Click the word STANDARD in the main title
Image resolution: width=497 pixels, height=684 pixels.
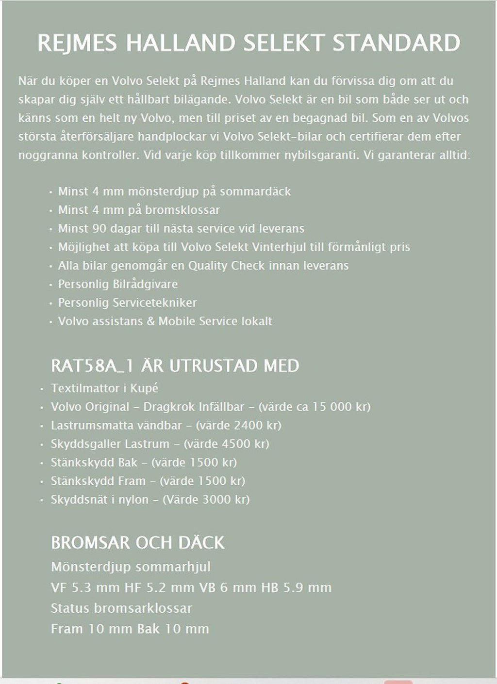pyautogui.click(x=396, y=43)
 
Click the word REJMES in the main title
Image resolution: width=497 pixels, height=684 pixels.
pyautogui.click(x=77, y=43)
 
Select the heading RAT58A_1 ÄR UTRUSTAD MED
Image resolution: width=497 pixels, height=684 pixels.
pyautogui.click(x=175, y=366)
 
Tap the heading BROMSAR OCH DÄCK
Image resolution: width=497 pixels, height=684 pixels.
pyautogui.click(x=138, y=542)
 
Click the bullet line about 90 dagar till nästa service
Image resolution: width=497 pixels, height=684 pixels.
pyautogui.click(x=181, y=228)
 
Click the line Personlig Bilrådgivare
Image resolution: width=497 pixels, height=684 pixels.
pyautogui.click(x=118, y=284)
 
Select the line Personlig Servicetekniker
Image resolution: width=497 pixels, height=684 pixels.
pyautogui.click(x=128, y=302)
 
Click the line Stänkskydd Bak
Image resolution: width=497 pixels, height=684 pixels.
pyautogui.click(x=94, y=462)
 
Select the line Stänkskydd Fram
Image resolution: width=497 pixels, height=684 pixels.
pyautogui.click(x=98, y=481)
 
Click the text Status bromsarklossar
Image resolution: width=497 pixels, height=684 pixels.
pyautogui.click(x=121, y=608)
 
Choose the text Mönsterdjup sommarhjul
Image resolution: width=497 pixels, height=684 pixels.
pyautogui.click(x=131, y=567)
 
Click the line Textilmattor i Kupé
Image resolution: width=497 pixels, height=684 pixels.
pyautogui.click(x=104, y=388)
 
